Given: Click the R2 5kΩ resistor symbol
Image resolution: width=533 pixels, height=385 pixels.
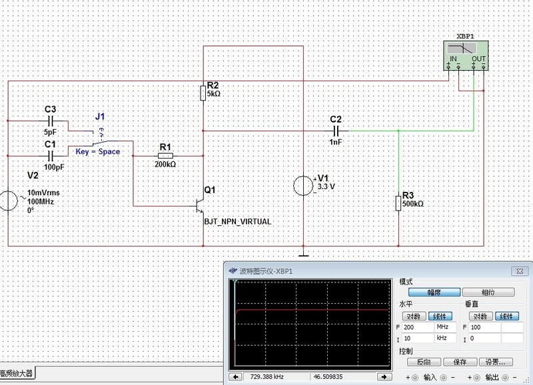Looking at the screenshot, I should (x=203, y=93).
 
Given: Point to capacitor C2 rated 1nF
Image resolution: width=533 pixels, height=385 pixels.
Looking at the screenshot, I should (x=336, y=131).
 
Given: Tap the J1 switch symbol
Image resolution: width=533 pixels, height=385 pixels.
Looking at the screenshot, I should (x=99, y=137).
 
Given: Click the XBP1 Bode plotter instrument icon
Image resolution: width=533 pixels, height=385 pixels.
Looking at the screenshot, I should (x=466, y=55).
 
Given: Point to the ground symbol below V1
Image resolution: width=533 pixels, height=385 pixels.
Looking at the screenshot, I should (x=303, y=253).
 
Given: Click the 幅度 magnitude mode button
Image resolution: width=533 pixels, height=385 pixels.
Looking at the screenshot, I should (x=434, y=292).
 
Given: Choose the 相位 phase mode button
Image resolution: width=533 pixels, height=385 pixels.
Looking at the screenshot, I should (x=488, y=292).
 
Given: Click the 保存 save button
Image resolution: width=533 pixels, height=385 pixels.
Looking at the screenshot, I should (x=460, y=362).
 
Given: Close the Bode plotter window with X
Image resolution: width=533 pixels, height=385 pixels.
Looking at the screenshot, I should (x=517, y=271).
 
